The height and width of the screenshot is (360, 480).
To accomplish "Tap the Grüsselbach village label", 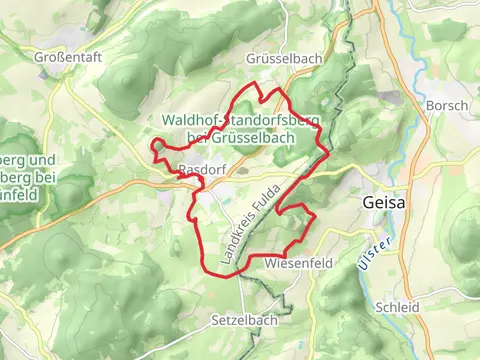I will (285, 59).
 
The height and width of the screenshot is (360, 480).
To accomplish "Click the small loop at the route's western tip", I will (157, 148).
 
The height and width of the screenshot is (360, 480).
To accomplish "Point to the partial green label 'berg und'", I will (26, 160).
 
